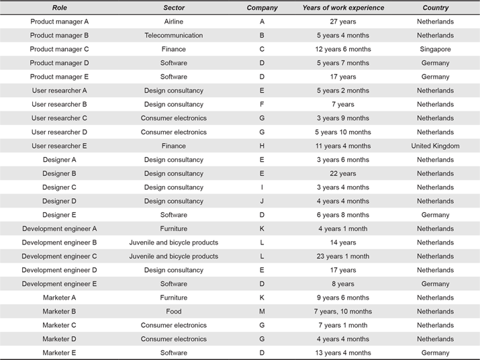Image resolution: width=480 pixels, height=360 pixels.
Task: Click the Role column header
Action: tap(59, 7)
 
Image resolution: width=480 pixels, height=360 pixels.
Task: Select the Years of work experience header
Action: tap(343, 7)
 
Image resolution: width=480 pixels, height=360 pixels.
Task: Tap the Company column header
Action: tap(262, 7)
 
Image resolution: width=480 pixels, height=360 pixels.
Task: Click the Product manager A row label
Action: tap(59, 21)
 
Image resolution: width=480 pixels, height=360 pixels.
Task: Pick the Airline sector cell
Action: tap(174, 21)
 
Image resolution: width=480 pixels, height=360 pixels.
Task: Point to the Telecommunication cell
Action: tap(174, 35)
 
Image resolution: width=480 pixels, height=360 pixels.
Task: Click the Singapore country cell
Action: tap(435, 49)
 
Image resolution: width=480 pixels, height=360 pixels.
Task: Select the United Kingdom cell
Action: tap(435, 146)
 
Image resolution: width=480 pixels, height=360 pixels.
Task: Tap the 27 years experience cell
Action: tap(343, 21)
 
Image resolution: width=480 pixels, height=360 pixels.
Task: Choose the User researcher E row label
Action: tap(59, 146)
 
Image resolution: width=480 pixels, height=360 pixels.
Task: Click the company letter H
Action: tap(262, 146)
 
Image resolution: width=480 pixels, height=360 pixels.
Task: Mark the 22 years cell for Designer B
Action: tap(343, 173)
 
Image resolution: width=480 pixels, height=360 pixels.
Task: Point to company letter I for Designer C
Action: tap(262, 187)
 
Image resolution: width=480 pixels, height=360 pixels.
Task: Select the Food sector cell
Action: tap(174, 311)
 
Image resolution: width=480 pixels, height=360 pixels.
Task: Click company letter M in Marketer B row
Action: tap(262, 311)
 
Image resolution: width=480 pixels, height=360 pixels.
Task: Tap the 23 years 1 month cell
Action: tap(343, 256)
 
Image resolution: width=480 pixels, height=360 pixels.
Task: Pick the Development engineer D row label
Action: tap(59, 270)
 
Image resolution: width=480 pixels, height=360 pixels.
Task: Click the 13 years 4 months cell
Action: tap(343, 353)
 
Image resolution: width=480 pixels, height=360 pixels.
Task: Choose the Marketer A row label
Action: tap(59, 298)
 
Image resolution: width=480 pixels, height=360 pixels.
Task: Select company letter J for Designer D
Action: tap(262, 201)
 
